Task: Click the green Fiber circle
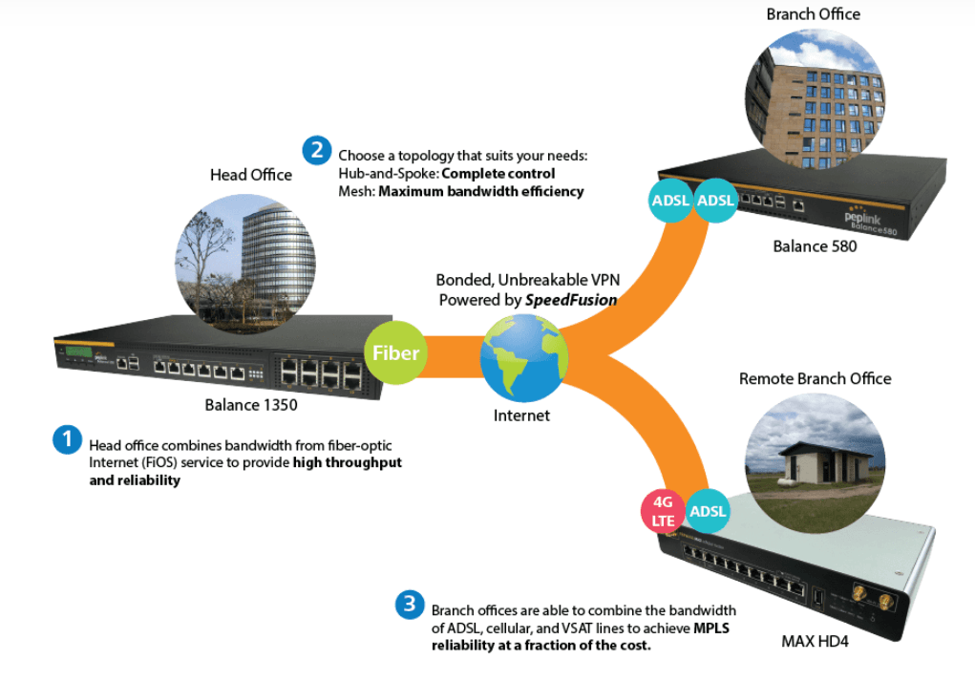pos(395,353)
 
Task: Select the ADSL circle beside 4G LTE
pos(708,512)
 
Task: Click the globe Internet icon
pos(521,356)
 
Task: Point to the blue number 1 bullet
pos(66,440)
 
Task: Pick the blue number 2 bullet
pos(316,150)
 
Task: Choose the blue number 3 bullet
pos(409,605)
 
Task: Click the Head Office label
pos(250,175)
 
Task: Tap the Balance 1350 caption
pos(251,405)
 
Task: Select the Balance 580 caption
pos(815,246)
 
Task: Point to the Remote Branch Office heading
pos(815,378)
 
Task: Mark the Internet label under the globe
pos(521,416)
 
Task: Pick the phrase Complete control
pos(498,174)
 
